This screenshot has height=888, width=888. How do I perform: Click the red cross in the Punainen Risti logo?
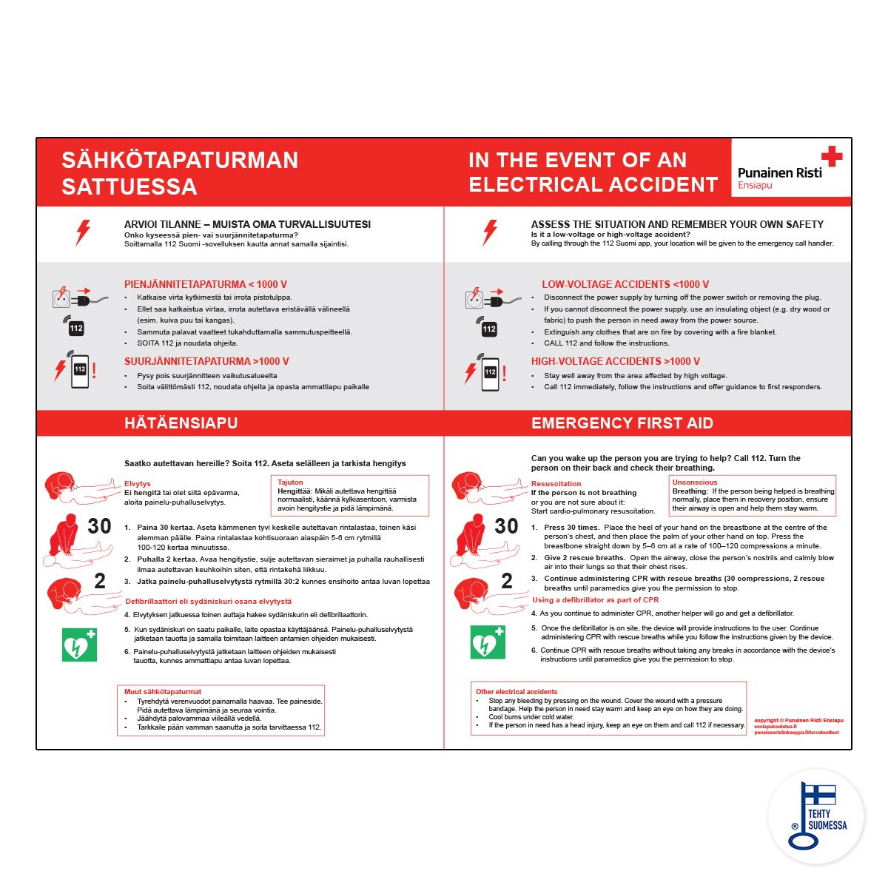832,156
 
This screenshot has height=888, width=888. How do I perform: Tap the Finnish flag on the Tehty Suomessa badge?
819,795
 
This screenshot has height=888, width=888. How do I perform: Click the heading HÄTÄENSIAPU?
181,423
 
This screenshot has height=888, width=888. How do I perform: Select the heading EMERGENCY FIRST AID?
622,423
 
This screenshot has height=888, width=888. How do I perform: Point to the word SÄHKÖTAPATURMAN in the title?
180,161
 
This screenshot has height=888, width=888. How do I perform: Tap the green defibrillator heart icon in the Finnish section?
79,645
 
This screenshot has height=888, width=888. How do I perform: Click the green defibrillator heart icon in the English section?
488,642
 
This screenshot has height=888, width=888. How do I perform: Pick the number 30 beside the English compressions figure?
506,526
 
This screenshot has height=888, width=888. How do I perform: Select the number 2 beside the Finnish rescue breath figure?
100,582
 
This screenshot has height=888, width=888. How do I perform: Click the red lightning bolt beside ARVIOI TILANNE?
83,232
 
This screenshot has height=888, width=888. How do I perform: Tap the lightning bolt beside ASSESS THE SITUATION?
490,232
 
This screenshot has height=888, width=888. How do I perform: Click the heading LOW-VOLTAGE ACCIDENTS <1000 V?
625,284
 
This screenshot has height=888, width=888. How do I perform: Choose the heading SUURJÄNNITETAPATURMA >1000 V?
206,361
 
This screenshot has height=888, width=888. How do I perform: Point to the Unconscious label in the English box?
694,482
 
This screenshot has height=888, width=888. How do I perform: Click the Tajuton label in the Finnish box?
290,482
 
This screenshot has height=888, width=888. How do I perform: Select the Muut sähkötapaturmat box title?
163,692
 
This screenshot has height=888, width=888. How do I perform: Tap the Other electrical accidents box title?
517,692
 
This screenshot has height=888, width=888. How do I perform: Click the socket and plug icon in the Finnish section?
71,297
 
